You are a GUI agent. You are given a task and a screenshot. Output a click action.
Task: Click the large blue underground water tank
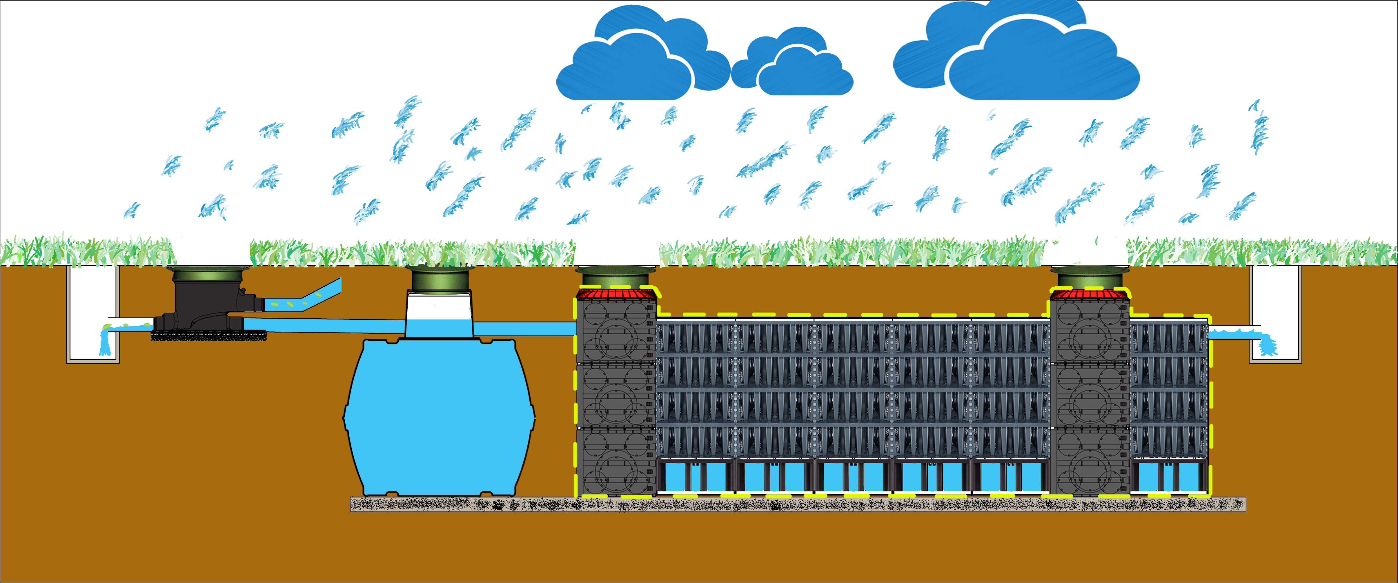438,418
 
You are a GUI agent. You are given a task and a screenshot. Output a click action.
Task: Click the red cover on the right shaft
1090,294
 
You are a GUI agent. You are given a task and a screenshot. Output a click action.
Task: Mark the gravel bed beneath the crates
798,505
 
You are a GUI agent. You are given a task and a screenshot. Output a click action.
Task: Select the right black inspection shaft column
1090,396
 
